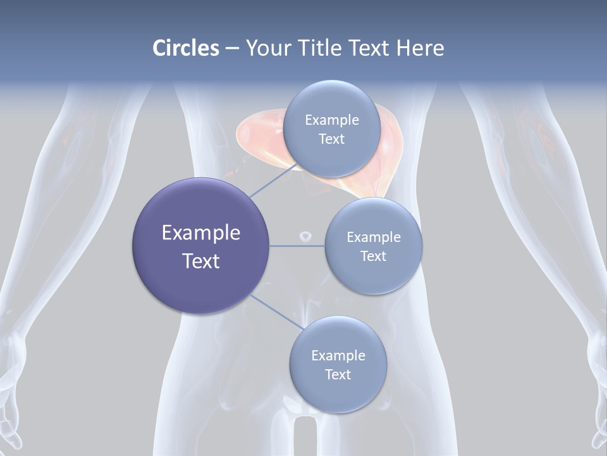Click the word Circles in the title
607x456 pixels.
(x=185, y=48)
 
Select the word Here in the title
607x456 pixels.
(x=420, y=48)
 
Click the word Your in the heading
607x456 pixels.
(x=268, y=48)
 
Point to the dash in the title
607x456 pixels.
(x=232, y=49)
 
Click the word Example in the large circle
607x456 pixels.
(x=201, y=233)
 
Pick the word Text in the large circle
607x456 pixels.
(x=201, y=261)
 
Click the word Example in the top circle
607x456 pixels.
(x=331, y=120)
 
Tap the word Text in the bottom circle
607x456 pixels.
(x=338, y=375)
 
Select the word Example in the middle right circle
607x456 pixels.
(x=373, y=237)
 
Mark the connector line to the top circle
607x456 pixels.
(x=273, y=180)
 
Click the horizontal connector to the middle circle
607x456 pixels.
(x=297, y=246)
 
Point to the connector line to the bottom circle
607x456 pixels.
(x=276, y=312)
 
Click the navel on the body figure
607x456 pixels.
(x=305, y=236)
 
